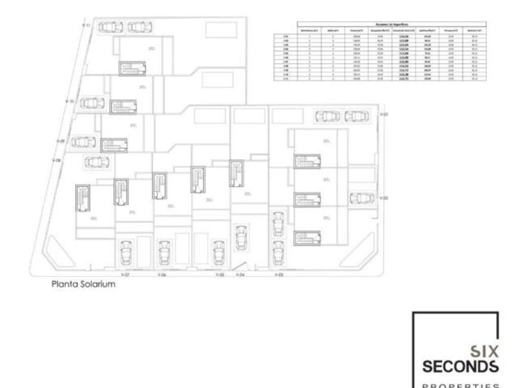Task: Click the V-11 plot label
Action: coord(87,25)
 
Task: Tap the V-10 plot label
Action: coord(70,102)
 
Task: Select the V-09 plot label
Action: coord(61,140)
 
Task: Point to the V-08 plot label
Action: coord(57,160)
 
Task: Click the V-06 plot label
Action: coord(162,275)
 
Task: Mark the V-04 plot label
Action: coord(241,275)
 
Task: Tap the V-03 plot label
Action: coord(278,275)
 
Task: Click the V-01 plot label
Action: coord(383,115)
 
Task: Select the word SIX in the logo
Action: coord(484,352)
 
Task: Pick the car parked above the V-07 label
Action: coord(127,251)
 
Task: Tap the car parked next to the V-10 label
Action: coord(90,102)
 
